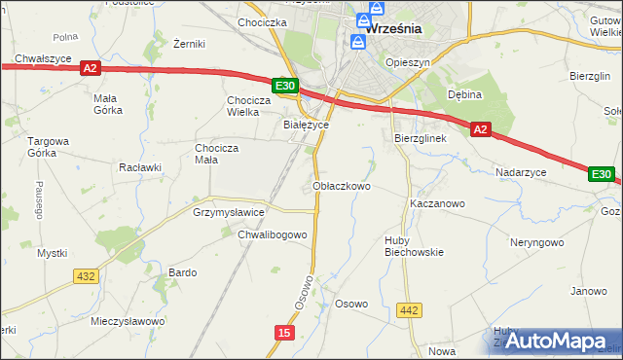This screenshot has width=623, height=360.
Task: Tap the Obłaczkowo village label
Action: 341,185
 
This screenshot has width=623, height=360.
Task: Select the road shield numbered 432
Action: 86,276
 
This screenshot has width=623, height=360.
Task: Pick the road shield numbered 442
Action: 410,310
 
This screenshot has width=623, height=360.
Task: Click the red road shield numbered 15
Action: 283,333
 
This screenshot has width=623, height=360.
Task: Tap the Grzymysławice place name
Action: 230,211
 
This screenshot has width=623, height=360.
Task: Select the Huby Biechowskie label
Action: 415,245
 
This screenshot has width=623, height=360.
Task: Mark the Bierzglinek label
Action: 420,138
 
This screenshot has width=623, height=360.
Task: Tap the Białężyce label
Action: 306,126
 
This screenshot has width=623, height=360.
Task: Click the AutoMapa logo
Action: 555,342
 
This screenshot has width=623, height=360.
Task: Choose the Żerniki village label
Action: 189,45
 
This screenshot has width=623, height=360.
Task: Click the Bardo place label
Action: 183,272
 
